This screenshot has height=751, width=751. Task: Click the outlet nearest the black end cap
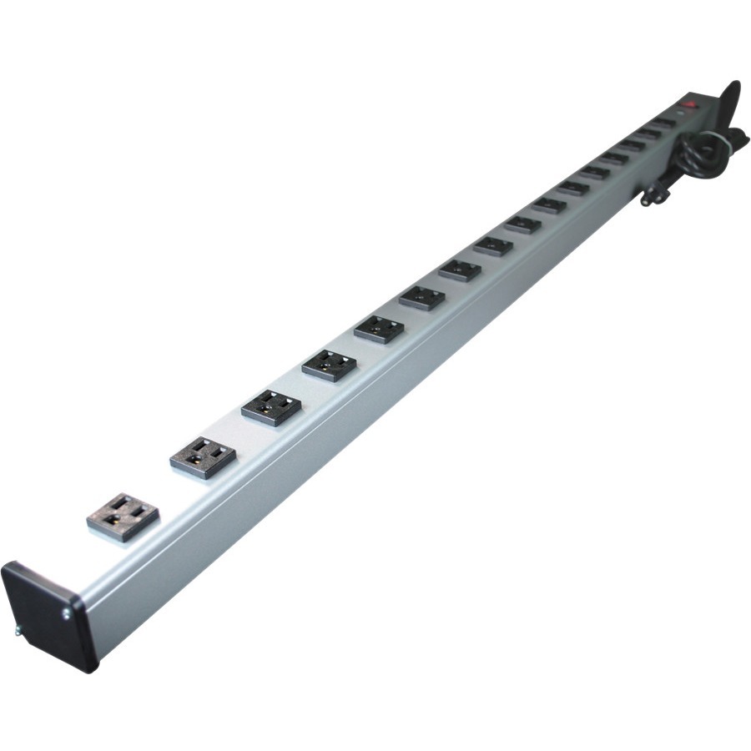point(123,516)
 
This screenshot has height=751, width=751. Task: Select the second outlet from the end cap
point(203,456)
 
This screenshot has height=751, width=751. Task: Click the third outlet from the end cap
point(271,407)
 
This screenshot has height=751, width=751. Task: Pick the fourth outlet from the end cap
point(330,365)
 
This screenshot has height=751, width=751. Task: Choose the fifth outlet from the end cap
point(379,329)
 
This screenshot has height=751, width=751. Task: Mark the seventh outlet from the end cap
point(460,270)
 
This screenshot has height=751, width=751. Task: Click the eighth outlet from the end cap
point(493,245)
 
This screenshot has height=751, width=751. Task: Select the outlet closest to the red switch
point(663,123)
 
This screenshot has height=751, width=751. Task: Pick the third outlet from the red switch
point(631,146)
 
